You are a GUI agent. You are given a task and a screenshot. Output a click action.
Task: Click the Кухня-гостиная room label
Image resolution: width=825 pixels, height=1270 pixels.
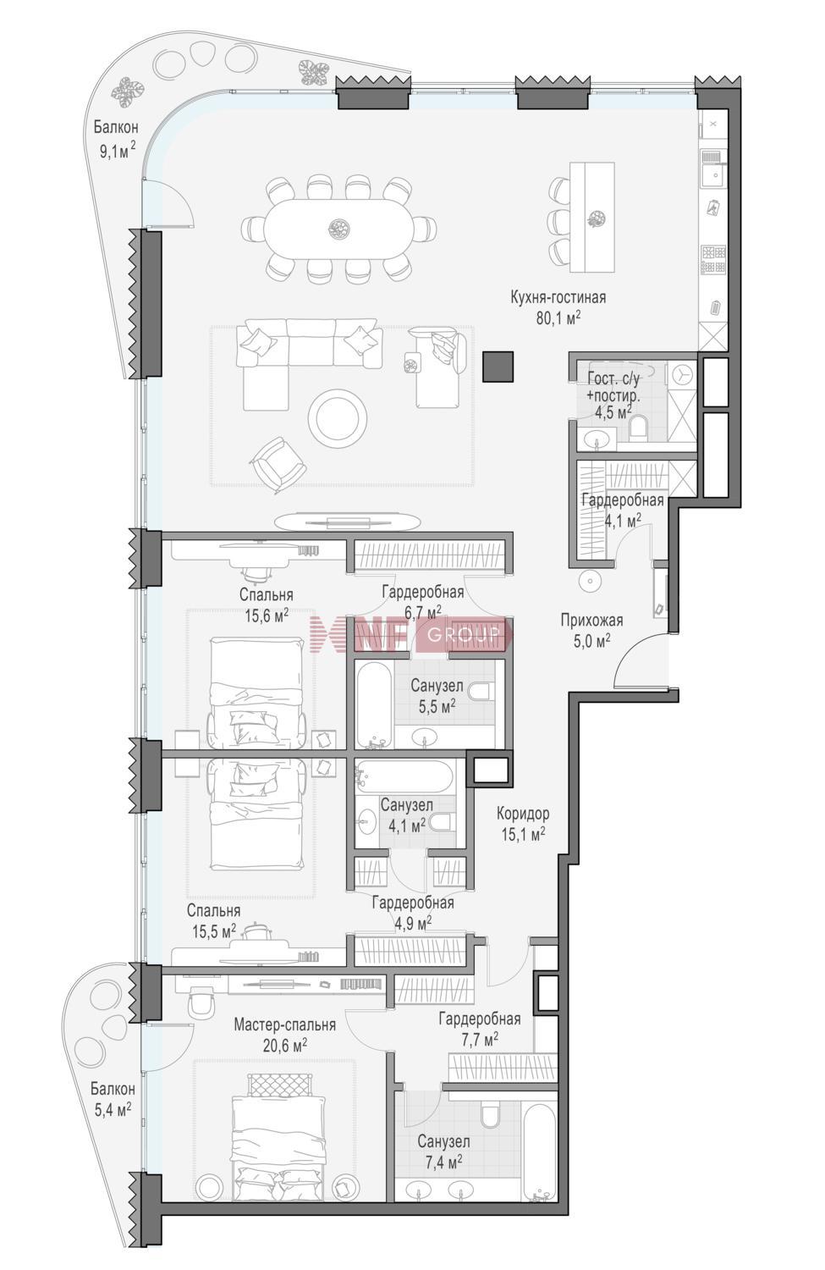tap(558, 297)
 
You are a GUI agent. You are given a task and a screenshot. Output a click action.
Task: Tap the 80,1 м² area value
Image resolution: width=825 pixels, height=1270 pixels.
tap(558, 318)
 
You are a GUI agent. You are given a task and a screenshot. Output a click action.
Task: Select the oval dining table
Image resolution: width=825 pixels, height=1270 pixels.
tap(339, 229)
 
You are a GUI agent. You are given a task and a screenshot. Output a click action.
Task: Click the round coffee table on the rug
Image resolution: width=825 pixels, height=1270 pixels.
tap(337, 419)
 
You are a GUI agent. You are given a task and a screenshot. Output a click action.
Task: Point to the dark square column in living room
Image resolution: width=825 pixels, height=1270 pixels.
tap(498, 367)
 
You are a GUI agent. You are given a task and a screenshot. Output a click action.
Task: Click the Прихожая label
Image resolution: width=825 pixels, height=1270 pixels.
tap(591, 621)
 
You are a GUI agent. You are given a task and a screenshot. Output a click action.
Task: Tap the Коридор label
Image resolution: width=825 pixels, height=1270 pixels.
tap(522, 814)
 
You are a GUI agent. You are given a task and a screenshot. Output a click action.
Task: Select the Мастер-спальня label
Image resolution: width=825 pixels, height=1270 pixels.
tap(285, 1025)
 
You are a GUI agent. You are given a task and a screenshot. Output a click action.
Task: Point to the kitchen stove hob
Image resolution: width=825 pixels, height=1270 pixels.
tap(712, 258)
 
